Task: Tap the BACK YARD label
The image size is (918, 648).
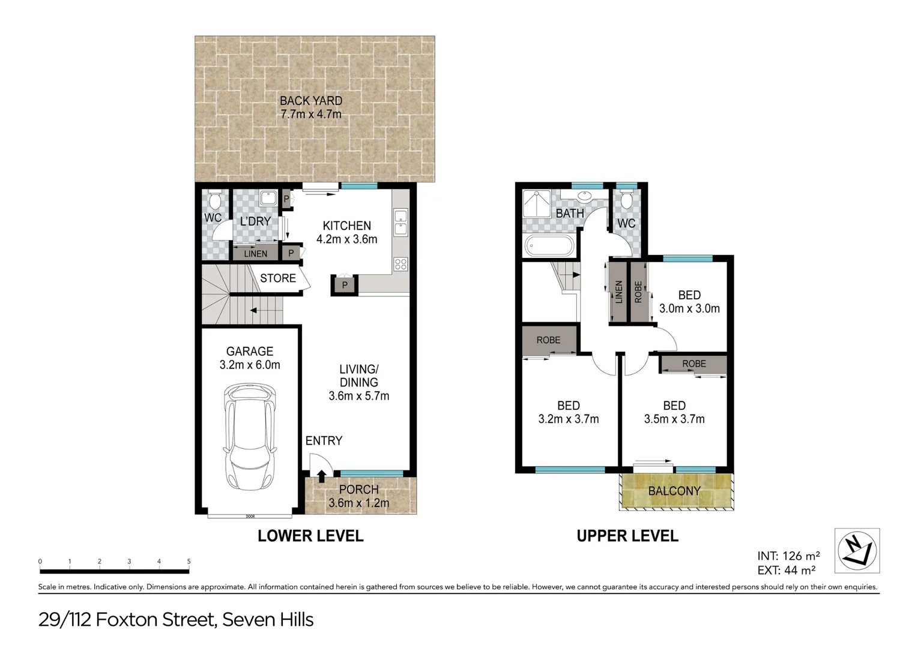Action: [311, 101]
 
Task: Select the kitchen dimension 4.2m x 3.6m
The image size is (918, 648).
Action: [347, 239]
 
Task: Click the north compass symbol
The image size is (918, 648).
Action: [857, 550]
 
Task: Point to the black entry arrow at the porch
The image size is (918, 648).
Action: [322, 476]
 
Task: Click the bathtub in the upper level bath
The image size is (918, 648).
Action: [549, 246]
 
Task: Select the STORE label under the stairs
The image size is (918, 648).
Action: [277, 278]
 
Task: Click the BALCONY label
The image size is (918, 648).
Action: [674, 491]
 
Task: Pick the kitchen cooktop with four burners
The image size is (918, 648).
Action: [400, 264]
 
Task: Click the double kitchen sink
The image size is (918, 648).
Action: [400, 222]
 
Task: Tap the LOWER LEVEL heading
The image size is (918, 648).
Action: [310, 536]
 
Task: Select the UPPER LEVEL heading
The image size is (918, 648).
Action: [627, 536]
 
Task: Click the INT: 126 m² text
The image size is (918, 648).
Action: [788, 556]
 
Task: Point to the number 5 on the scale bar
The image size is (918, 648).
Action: [189, 562]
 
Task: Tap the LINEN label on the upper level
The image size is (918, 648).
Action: [618, 292]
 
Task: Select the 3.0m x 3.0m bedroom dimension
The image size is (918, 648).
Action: [689, 308]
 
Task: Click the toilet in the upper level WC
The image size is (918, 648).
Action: [626, 199]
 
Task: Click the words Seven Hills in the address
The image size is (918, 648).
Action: [268, 619]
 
